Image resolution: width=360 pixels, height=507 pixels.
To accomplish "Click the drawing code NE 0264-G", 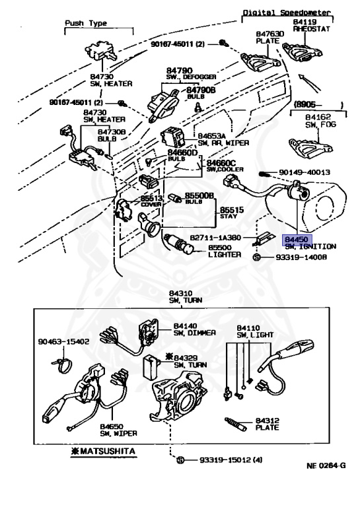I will click(326, 465).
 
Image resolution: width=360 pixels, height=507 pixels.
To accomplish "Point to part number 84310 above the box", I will click(180, 293).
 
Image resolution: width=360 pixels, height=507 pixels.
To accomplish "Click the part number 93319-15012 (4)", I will click(221, 458).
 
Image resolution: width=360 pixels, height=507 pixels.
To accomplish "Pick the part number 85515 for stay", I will click(228, 209).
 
